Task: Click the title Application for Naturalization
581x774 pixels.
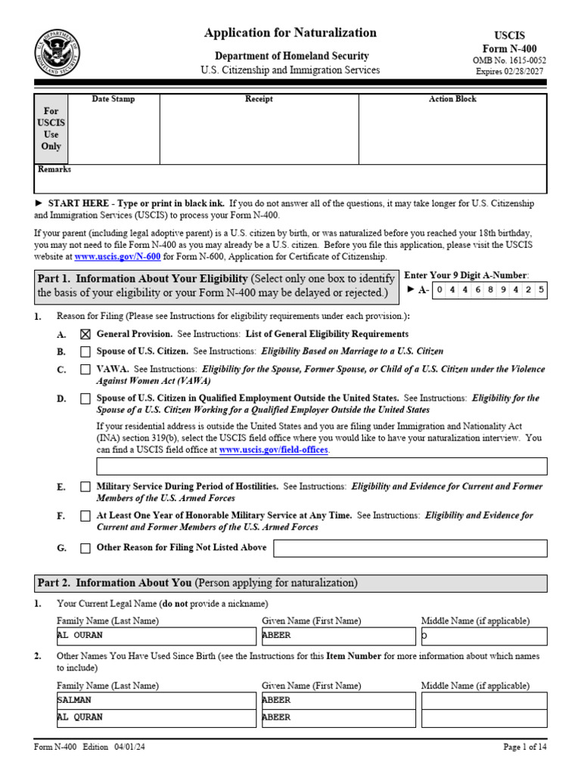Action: tap(290, 33)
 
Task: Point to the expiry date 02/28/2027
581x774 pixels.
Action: tap(521, 72)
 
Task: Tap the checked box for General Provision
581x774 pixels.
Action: tap(85, 334)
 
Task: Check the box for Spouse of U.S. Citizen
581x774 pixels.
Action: tap(85, 351)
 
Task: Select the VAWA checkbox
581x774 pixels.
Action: tap(85, 370)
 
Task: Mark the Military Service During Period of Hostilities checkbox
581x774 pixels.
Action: tap(85, 488)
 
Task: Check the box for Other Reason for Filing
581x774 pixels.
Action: tap(85, 548)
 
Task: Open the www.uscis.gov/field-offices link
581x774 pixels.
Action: tap(273, 450)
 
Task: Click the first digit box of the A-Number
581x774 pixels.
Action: tap(441, 290)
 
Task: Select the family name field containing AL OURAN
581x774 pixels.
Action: tap(156, 636)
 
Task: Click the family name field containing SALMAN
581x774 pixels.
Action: tap(156, 700)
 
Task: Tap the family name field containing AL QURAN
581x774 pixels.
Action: tap(156, 717)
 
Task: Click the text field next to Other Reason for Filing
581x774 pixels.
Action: tap(409, 548)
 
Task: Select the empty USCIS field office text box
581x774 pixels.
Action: tap(321, 466)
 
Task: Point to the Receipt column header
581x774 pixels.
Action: tap(259, 99)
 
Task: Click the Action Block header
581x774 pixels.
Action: tap(452, 99)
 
